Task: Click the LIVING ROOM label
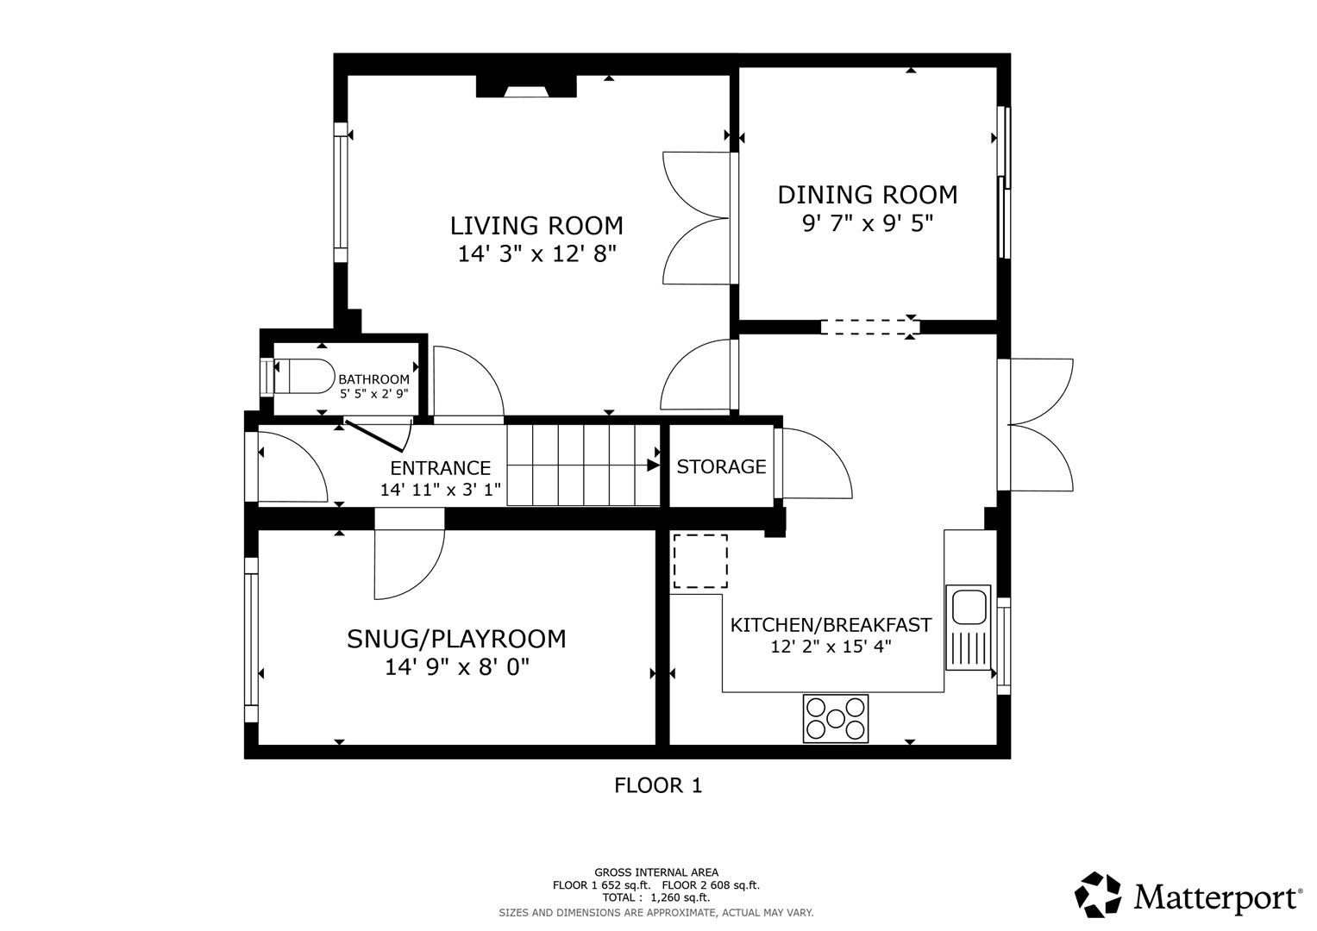click(x=536, y=226)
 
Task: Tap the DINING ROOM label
click(x=867, y=195)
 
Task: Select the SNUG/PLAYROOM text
click(x=456, y=639)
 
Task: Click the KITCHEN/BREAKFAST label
click(x=831, y=625)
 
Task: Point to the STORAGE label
click(x=721, y=466)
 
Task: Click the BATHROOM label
click(x=373, y=379)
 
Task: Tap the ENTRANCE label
click(x=440, y=468)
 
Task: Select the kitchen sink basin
click(x=969, y=606)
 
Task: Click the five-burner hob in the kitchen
click(x=836, y=718)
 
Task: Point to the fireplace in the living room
click(x=526, y=86)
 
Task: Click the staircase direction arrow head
click(x=654, y=465)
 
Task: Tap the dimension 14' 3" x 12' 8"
click(x=536, y=254)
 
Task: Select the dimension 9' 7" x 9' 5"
click(x=867, y=223)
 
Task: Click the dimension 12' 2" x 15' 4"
click(x=831, y=647)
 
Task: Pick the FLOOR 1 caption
click(x=658, y=785)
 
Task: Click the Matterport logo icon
click(x=1098, y=895)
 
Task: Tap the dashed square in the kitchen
click(x=699, y=561)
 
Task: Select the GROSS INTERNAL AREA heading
click(x=655, y=872)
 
